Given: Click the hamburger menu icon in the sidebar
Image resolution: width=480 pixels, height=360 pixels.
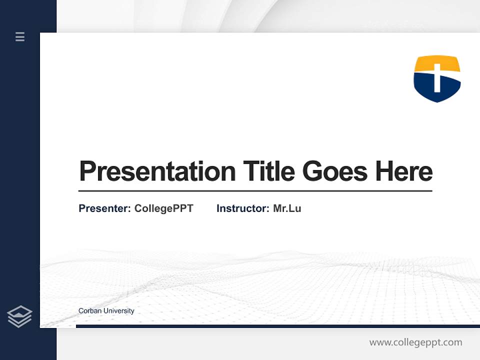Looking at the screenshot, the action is (20, 36).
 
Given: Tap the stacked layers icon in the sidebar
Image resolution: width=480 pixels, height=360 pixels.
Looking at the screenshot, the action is (19, 316).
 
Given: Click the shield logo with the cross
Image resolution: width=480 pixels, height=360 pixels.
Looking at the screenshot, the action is (437, 78).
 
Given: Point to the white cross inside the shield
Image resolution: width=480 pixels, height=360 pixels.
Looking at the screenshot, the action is (437, 76).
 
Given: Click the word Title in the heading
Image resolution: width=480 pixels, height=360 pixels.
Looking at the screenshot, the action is (269, 171).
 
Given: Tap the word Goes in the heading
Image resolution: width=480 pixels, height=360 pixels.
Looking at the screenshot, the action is (335, 171).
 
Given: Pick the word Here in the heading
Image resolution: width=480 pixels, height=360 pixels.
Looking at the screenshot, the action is (404, 171).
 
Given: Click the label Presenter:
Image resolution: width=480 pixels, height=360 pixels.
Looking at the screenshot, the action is (104, 208).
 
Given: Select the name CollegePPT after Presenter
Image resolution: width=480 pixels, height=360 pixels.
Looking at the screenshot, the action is (164, 209).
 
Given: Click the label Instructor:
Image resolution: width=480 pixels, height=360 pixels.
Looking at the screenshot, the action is (243, 208).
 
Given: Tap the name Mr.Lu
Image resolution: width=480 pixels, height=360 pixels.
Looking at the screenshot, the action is (287, 208).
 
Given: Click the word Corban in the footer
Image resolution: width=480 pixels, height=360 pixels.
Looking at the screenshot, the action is (90, 310).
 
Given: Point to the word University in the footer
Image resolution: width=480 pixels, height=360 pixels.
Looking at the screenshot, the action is (119, 311).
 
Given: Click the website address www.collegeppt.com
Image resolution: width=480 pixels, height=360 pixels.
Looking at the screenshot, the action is (415, 342).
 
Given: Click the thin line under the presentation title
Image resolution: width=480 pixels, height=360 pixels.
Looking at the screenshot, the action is (255, 191).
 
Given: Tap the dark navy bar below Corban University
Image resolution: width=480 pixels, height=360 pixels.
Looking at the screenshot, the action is (278, 326).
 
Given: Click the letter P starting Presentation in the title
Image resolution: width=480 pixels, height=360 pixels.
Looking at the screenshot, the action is (87, 171).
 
